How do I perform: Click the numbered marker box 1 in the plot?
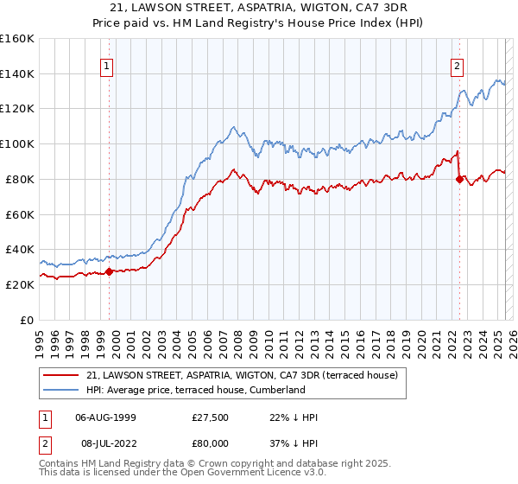click(x=106, y=65)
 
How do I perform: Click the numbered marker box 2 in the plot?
click(x=456, y=65)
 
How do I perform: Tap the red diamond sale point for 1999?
click(x=110, y=271)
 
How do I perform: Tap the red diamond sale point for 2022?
click(x=459, y=179)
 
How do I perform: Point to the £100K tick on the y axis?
click(x=17, y=143)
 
